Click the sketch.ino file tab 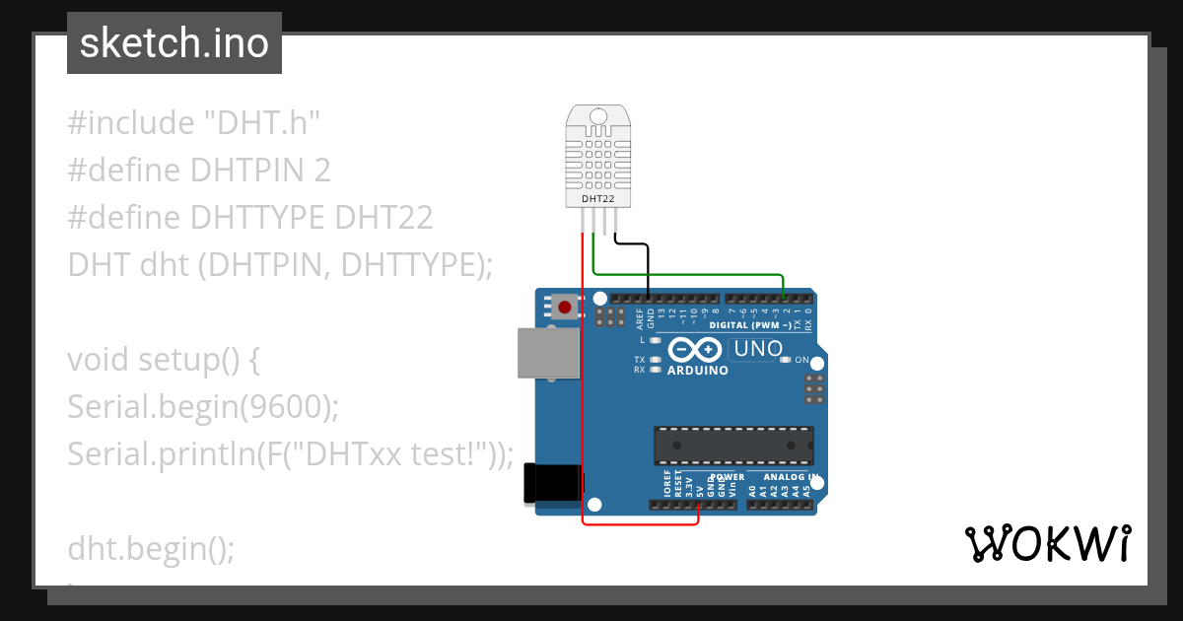point(174,43)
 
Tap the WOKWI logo point(1047,543)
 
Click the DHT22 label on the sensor point(598,199)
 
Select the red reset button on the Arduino point(564,308)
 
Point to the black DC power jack point(545,483)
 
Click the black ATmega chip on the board point(733,446)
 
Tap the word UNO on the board point(758,349)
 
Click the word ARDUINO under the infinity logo point(698,372)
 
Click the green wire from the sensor point(690,273)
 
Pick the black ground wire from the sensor point(647,266)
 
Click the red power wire point(583,394)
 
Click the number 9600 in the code point(293,406)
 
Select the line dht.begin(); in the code point(151,548)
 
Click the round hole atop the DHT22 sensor point(598,117)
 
